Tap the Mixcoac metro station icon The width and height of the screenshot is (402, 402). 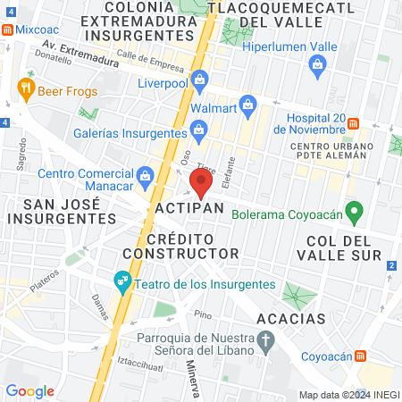pos(7,29)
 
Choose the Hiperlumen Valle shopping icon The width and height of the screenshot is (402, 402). pos(316,63)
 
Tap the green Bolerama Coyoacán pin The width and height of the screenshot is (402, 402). pos(355,213)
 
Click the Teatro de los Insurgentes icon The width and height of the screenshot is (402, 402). pos(122,284)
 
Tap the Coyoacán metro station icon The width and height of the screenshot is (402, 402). pos(361,355)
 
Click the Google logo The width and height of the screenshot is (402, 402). pos(29,390)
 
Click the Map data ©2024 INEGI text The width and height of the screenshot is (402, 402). pos(348,395)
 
